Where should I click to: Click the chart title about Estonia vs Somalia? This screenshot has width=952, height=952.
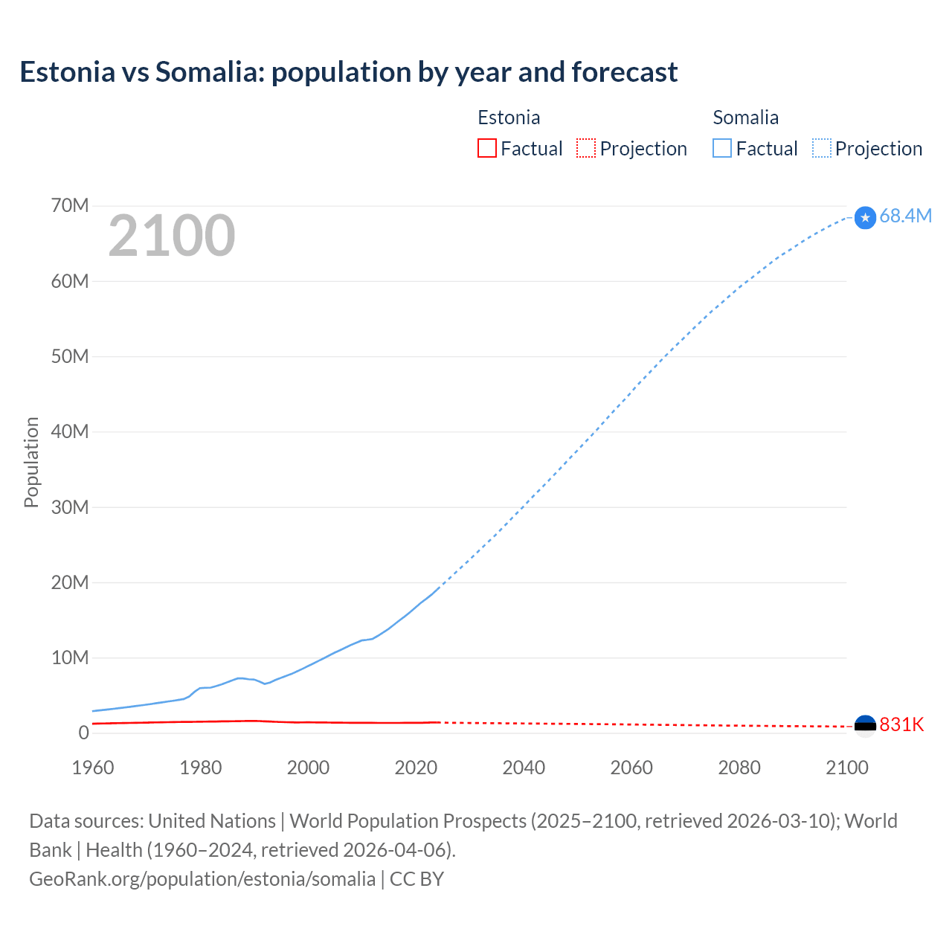tap(348, 72)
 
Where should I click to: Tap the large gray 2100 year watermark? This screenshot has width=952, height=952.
tap(172, 236)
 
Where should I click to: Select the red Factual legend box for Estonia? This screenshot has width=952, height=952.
tap(486, 148)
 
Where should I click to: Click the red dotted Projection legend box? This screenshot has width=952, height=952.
tap(586, 148)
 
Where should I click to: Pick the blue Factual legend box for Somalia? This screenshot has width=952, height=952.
tap(722, 148)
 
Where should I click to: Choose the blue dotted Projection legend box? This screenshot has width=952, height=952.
tap(822, 148)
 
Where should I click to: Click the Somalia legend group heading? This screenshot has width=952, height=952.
tap(745, 118)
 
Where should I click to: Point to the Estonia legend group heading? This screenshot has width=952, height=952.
tap(509, 118)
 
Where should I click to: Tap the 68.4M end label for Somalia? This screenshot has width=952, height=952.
tap(905, 216)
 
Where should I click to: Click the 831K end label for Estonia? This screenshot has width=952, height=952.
tap(901, 724)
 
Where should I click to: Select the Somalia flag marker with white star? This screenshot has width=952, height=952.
tap(865, 217)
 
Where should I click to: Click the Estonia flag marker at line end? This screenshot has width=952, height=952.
tap(865, 726)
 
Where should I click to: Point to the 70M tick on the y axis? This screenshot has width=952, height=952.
tap(70, 205)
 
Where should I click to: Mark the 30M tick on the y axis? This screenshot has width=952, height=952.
tap(70, 507)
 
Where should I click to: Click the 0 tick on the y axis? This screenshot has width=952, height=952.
tap(83, 733)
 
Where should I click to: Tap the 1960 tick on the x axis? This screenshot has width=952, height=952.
tap(93, 768)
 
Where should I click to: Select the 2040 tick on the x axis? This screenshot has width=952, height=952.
tap(524, 768)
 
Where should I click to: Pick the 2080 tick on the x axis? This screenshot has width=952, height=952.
tap(739, 768)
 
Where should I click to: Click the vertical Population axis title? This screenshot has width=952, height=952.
tap(31, 462)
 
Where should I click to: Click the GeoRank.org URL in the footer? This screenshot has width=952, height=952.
tap(202, 878)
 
